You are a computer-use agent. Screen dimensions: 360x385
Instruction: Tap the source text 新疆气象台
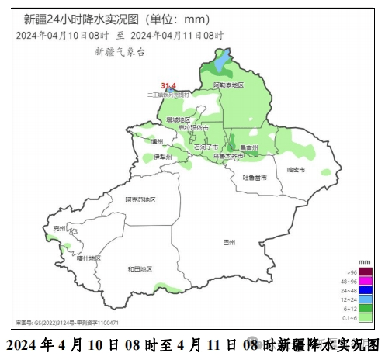120,51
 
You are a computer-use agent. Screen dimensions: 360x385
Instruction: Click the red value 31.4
168,85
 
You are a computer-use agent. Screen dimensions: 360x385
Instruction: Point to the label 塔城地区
178,119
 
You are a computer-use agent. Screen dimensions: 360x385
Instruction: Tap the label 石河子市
206,147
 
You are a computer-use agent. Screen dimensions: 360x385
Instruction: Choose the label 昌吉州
249,147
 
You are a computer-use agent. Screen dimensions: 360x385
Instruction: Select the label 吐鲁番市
254,178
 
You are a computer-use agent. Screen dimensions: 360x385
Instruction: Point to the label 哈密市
296,169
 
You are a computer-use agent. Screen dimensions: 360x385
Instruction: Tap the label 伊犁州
163,157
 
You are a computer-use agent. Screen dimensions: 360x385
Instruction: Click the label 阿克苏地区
140,199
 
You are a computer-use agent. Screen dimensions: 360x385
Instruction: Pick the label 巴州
228,243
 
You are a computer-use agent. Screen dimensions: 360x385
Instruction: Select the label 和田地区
140,268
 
